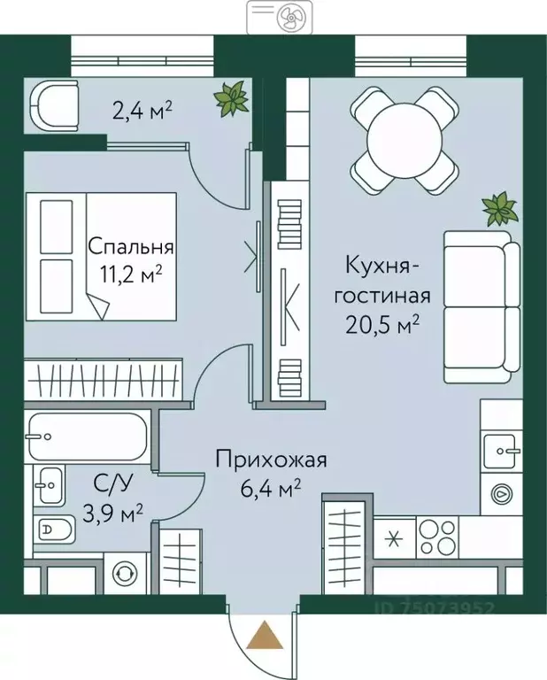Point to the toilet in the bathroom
point(55,530)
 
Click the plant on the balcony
point(231,97)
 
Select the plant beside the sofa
point(499,208)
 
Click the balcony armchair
point(53,106)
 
